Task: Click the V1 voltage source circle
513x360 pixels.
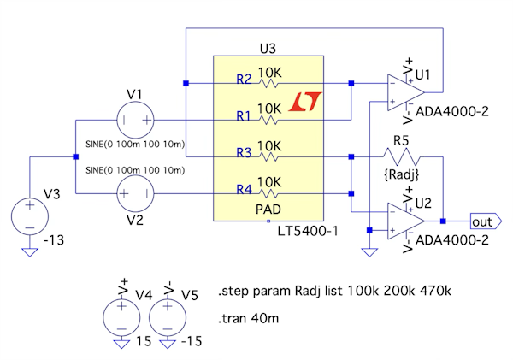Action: (x=134, y=120)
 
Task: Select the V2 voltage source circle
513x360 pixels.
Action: (x=134, y=195)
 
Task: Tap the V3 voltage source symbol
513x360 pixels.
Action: (x=28, y=214)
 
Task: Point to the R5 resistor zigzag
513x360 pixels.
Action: (x=400, y=157)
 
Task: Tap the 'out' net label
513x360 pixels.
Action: (x=481, y=221)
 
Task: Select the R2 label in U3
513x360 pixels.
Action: (x=244, y=80)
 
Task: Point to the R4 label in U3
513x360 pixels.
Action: (x=244, y=190)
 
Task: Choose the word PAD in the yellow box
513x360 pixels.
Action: (x=270, y=208)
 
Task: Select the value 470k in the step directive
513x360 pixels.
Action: (x=433, y=292)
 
